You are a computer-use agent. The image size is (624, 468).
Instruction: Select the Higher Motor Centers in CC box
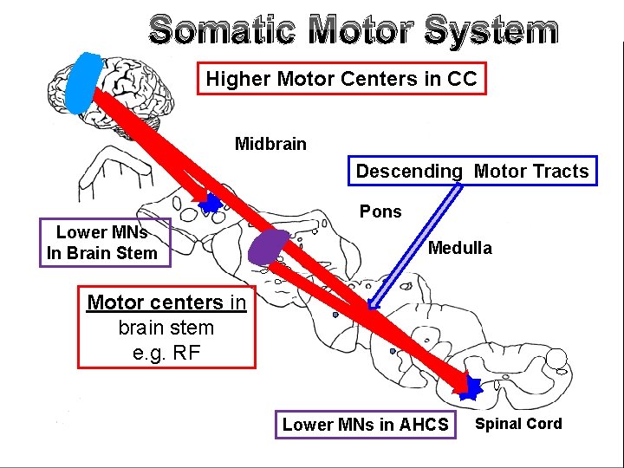click(341, 79)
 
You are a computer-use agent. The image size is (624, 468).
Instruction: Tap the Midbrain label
click(270, 144)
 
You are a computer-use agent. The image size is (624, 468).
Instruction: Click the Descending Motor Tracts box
click(472, 172)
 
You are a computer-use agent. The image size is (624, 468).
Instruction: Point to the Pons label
click(380, 211)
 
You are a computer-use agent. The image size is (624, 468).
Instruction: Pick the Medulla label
click(460, 249)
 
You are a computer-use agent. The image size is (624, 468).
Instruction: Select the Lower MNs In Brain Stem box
click(101, 243)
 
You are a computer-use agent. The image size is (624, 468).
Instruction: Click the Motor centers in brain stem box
click(166, 328)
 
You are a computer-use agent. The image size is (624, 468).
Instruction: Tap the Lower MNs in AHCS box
click(365, 425)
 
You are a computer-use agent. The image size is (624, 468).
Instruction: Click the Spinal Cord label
click(518, 424)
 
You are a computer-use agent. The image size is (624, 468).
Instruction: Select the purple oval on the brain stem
click(270, 246)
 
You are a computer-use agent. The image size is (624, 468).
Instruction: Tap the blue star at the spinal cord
click(470, 387)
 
